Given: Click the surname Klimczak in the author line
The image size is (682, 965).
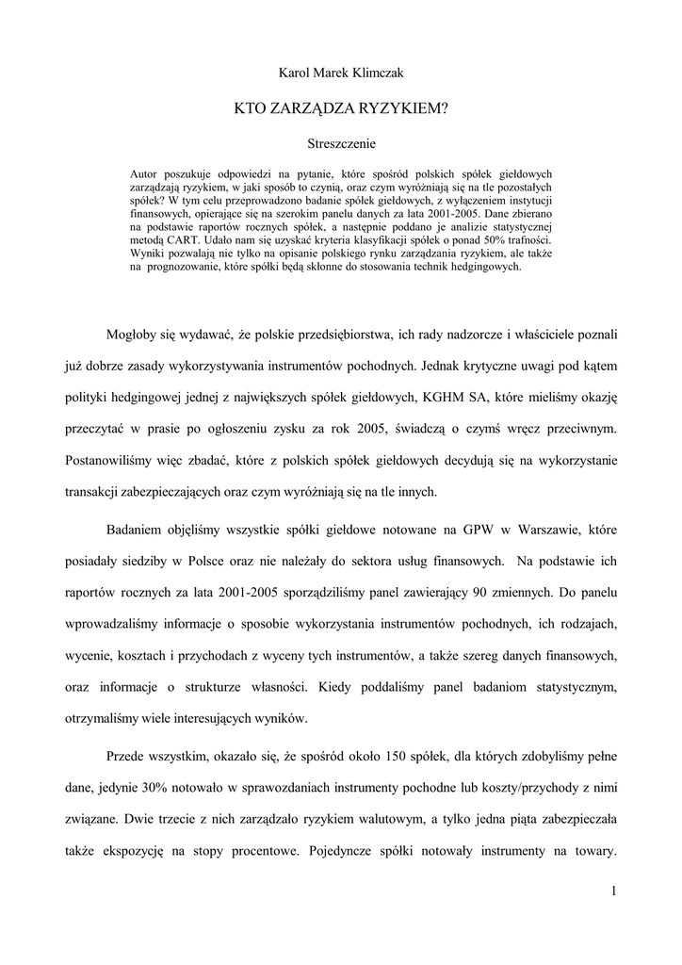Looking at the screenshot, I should [x=377, y=72].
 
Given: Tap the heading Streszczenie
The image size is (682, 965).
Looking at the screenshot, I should [x=342, y=144].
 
